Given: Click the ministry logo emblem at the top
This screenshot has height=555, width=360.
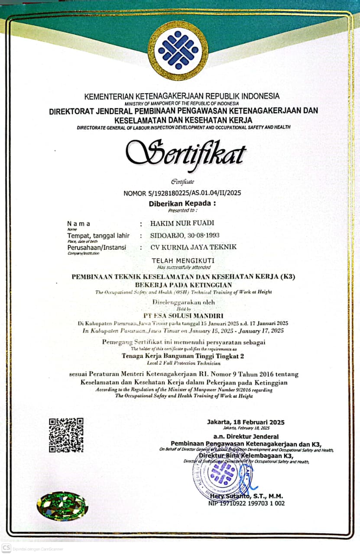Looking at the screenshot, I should (178, 50).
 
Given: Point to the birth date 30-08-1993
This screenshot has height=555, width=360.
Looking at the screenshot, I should (202, 235).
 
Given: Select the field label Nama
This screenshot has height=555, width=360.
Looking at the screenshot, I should (79, 224).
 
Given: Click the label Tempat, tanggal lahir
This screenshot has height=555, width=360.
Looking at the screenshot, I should (98, 235).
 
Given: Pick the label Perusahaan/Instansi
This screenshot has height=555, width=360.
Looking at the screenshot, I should (96, 247).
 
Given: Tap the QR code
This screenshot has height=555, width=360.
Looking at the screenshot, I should (66, 435).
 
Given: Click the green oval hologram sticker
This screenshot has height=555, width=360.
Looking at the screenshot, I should (62, 506).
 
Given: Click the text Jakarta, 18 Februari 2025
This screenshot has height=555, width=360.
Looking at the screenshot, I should (246, 422).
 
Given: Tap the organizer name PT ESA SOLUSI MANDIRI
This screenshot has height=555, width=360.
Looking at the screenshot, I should (184, 316).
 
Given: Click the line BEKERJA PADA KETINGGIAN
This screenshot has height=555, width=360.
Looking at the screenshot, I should (184, 284).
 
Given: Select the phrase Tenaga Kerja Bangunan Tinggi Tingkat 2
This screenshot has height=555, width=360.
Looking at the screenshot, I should (184, 356).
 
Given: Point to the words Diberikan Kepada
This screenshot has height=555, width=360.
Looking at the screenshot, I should (182, 203).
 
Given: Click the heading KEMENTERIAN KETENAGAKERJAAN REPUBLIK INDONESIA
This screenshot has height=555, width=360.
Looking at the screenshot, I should (182, 96).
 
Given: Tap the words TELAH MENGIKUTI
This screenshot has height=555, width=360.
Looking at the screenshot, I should (183, 261).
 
